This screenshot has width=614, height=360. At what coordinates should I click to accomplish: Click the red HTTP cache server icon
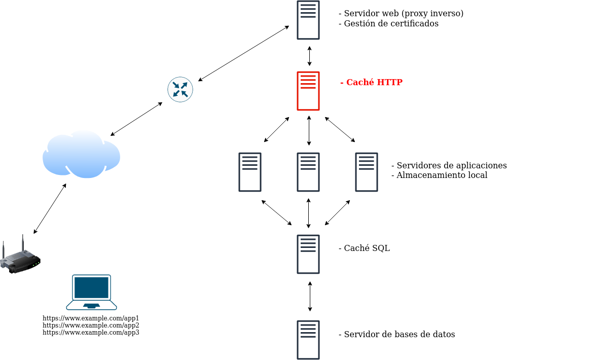308,91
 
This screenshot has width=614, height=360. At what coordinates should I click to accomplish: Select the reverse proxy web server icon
308,20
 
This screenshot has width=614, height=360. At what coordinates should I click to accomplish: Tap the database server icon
308,340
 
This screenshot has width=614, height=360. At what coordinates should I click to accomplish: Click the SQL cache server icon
308,254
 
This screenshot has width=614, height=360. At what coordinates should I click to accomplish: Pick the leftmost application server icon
250,172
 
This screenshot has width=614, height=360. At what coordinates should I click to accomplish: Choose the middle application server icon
308,172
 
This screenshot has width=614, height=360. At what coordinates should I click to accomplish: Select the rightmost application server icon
367,172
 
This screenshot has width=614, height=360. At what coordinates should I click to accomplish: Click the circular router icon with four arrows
180,89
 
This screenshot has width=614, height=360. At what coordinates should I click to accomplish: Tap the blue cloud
81,155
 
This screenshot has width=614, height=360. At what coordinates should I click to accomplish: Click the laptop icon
91,292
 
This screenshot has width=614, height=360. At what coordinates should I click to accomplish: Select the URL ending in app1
91,318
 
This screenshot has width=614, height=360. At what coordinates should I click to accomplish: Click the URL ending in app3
91,333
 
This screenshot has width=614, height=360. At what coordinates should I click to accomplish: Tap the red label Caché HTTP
372,82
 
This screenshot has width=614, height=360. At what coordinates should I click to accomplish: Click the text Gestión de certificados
391,23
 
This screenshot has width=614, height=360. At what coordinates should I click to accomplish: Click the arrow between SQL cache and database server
310,297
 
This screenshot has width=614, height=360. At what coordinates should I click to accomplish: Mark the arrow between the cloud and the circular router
136,119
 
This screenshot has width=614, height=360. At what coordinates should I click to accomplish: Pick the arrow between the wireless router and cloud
50,208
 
